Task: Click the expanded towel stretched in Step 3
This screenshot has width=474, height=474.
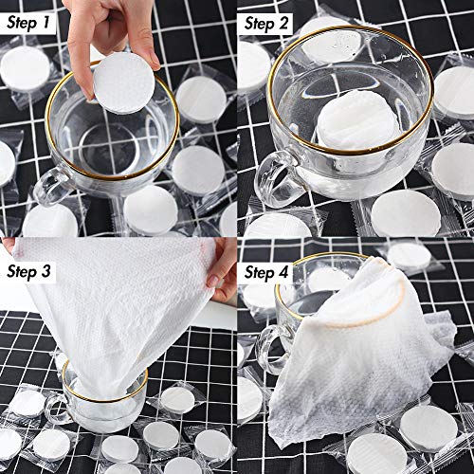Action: pyautogui.click(x=114, y=303)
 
